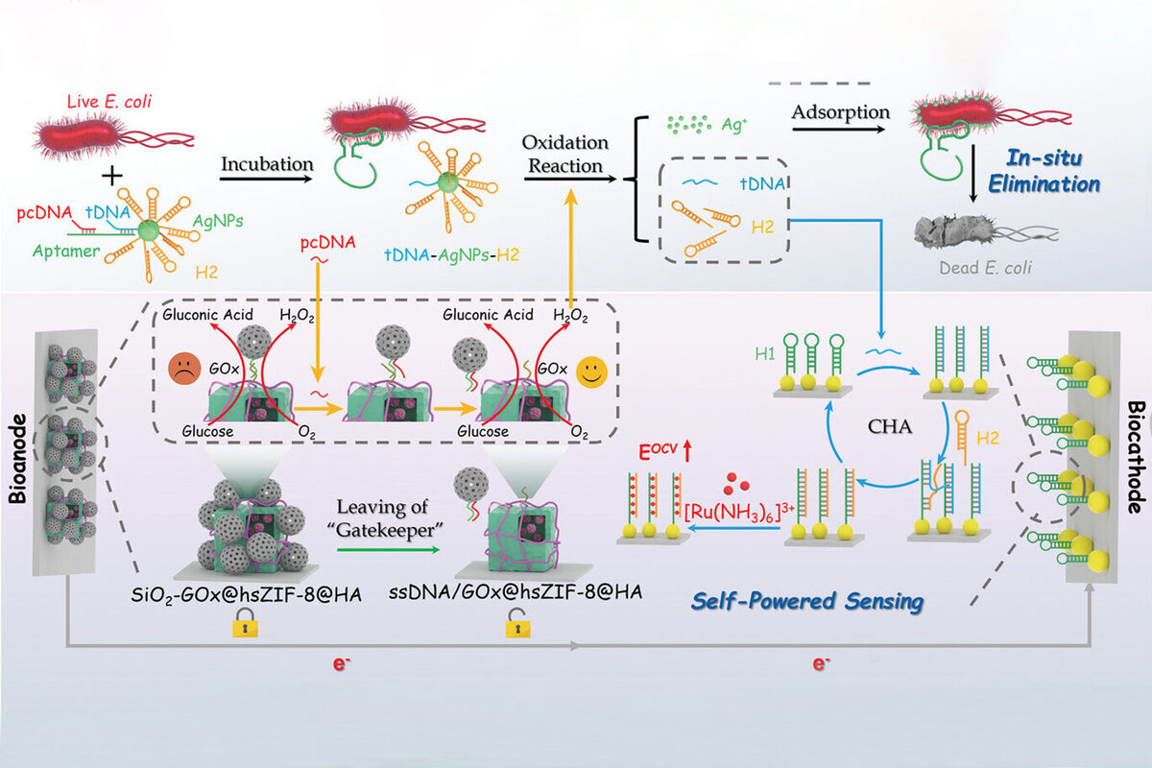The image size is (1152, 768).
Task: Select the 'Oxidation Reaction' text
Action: pos(565,154)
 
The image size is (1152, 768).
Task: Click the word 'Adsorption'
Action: pos(840,112)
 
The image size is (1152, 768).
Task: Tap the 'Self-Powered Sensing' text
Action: pos(805,602)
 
